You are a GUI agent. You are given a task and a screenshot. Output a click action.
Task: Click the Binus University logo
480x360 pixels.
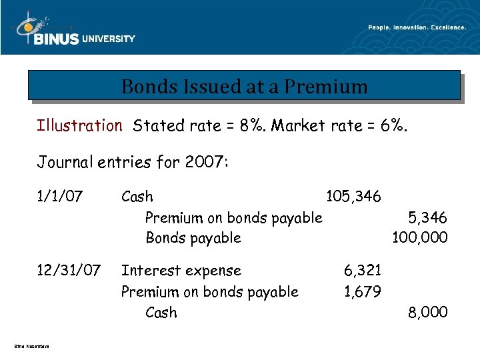(73, 32)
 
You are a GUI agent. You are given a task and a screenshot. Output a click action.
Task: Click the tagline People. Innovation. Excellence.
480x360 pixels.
(417, 27)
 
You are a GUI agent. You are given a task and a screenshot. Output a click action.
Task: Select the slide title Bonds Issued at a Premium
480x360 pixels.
(244, 87)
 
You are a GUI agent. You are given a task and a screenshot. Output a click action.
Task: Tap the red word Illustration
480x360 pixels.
(79, 125)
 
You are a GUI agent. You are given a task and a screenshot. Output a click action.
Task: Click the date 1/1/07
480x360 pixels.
(60, 197)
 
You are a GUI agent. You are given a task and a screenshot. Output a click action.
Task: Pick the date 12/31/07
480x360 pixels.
(69, 271)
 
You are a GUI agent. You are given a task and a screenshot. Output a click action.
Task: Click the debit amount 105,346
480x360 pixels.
(353, 197)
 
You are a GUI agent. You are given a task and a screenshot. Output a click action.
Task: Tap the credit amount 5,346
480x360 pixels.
(427, 217)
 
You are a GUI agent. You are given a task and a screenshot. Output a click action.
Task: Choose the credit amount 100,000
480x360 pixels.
(420, 238)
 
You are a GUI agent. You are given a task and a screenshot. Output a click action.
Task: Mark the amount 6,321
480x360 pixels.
(362, 271)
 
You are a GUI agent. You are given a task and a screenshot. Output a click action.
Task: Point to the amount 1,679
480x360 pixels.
(362, 291)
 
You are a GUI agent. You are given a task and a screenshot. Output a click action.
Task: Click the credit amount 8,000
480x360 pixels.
(427, 312)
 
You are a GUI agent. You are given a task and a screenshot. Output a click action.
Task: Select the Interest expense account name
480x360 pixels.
(181, 271)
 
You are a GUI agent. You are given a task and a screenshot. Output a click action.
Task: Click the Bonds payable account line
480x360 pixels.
(193, 238)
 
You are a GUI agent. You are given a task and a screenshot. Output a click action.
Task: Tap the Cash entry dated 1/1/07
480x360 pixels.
(137, 197)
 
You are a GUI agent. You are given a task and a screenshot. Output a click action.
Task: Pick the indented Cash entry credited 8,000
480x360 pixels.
(161, 312)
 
